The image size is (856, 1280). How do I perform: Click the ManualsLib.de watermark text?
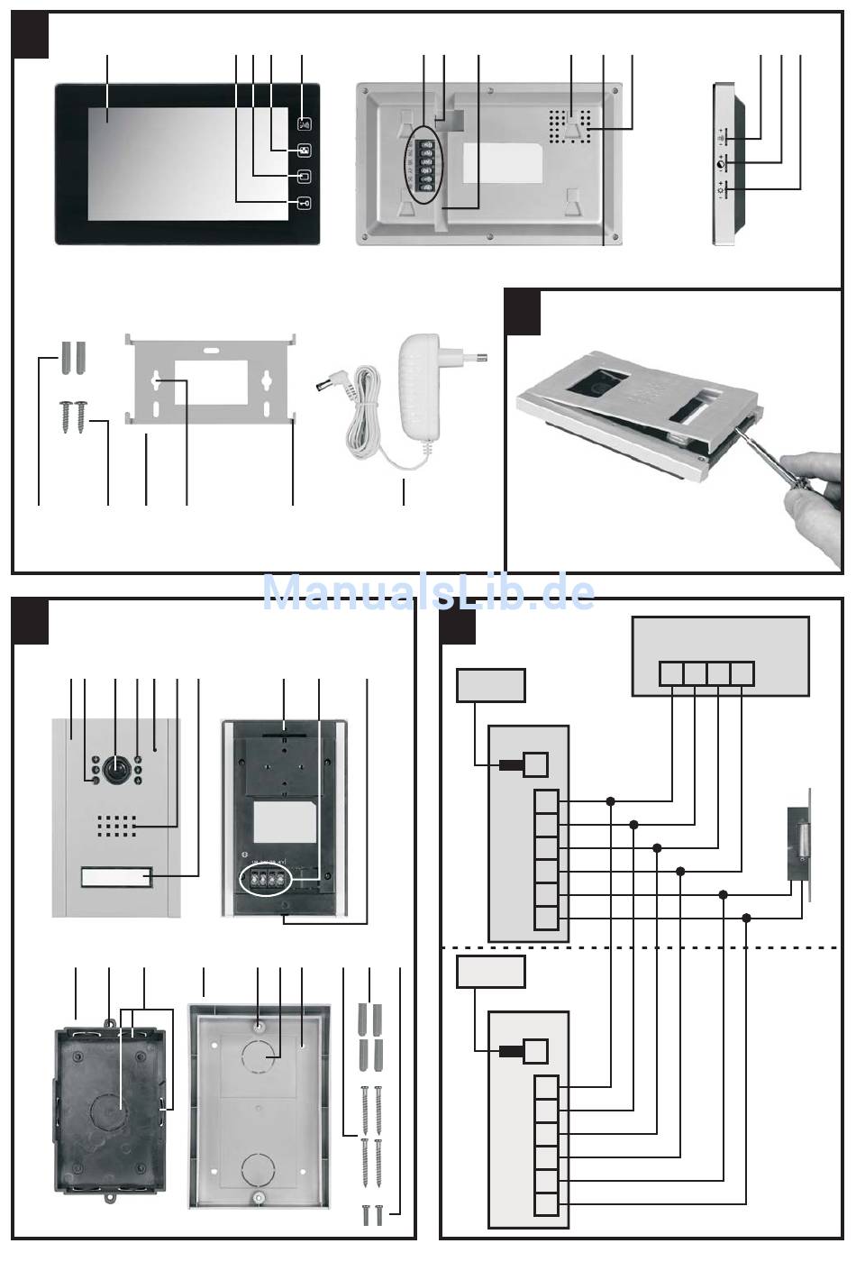[429, 592]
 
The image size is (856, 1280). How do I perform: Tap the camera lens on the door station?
[115, 769]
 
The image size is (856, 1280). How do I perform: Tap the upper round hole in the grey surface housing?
[260, 1056]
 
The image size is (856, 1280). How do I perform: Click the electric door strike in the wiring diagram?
[798, 843]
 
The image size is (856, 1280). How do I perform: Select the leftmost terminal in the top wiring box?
[671, 674]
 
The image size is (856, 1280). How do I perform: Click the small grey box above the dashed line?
[490, 685]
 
